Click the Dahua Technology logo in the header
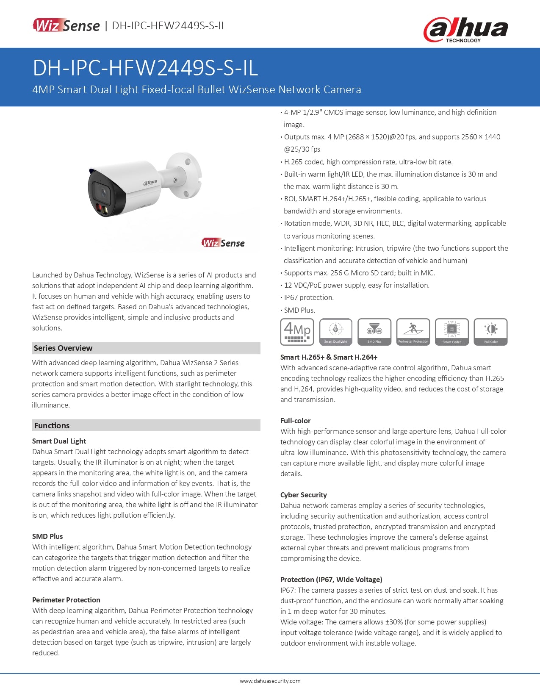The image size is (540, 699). click(x=465, y=29)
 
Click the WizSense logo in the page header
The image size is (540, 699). click(x=66, y=25)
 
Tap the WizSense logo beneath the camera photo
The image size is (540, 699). click(x=223, y=243)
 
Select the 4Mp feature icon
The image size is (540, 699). click(x=297, y=332)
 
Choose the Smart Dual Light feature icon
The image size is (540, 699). click(x=335, y=332)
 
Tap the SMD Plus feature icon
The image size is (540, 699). click(x=374, y=332)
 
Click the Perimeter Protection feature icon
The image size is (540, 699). click(x=413, y=332)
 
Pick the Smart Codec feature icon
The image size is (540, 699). click(x=452, y=332)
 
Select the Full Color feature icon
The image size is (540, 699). click(x=490, y=332)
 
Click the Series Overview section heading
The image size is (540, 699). click(x=63, y=348)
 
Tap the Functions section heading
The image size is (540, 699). click(x=52, y=425)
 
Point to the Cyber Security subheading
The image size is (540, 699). click(x=304, y=495)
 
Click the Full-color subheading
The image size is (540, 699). click(x=296, y=421)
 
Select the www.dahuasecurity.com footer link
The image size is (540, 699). click(x=270, y=681)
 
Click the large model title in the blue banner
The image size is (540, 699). click(x=145, y=68)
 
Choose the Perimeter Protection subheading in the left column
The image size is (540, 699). click(x=66, y=600)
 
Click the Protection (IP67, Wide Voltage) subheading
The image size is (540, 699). click(x=331, y=580)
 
